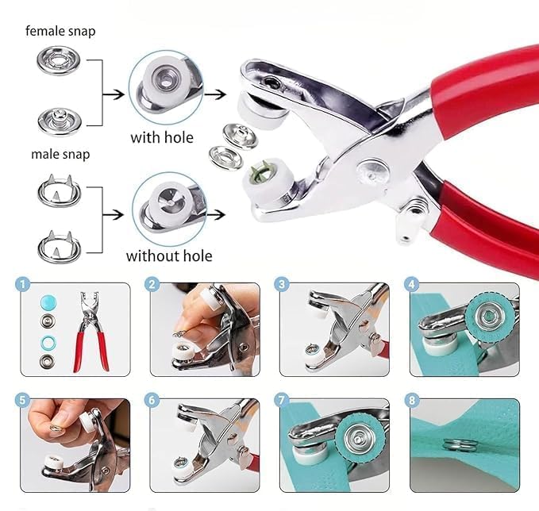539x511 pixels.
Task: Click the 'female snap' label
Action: coord(60,31)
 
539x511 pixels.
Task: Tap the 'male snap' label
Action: coord(60,154)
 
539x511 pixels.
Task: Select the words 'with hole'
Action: coord(162,138)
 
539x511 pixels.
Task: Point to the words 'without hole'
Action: coord(169,256)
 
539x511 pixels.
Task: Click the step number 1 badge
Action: coord(23,285)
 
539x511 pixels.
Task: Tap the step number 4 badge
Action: coord(412,285)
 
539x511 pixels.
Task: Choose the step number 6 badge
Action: coord(152,401)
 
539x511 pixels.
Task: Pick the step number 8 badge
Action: coord(412,401)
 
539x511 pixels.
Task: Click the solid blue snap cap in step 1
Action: coord(48,303)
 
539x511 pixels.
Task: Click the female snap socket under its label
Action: coord(59,61)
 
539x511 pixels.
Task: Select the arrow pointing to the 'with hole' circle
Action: coord(114,94)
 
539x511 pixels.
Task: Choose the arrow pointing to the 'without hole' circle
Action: coord(114,215)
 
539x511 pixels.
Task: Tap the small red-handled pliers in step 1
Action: coord(90,332)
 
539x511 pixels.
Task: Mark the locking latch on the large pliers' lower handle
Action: coord(411,219)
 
